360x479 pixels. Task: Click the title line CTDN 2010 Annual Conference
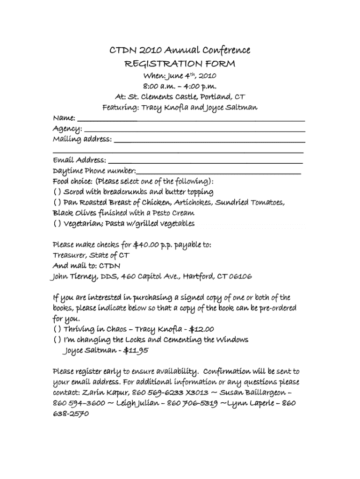(x=180, y=50)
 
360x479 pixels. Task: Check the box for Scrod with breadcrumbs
(x=57, y=192)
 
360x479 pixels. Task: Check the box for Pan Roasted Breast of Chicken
(x=57, y=203)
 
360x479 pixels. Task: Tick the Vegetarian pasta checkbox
(x=57, y=224)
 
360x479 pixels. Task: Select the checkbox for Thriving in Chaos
(x=57, y=329)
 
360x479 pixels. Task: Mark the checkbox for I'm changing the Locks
(x=57, y=340)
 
